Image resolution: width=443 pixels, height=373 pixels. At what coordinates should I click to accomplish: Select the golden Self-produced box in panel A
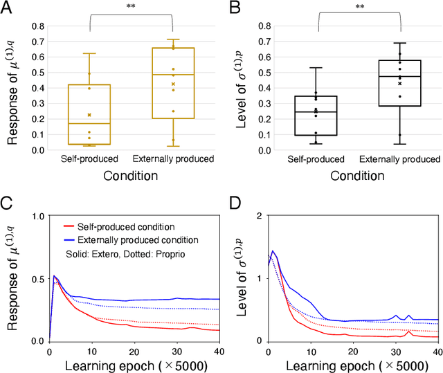90,114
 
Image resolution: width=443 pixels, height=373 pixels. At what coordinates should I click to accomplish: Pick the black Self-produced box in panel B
316,116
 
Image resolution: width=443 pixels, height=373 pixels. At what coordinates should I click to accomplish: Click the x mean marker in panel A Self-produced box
90,115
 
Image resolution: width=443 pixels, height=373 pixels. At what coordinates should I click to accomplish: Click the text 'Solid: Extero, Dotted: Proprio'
115,253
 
